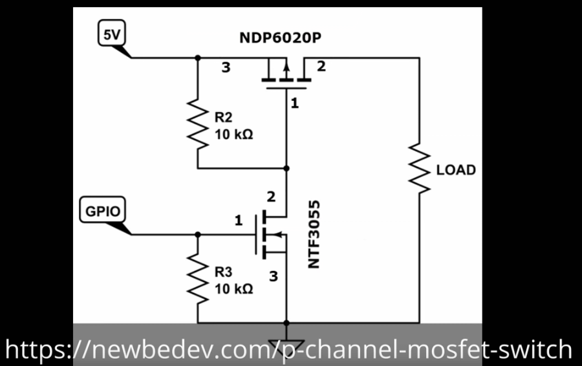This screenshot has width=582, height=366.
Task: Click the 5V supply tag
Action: click(112, 35)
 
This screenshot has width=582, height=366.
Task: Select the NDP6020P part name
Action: click(280, 38)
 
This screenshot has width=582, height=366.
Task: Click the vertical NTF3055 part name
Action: click(315, 234)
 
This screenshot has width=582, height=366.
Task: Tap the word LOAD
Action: click(456, 170)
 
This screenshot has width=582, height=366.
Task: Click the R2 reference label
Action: click(224, 118)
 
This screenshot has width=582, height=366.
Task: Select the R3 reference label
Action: click(224, 272)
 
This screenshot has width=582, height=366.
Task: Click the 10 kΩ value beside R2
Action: click(233, 135)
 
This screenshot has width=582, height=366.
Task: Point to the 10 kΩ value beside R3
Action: click(233, 288)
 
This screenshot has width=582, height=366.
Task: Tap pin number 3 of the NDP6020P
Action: click(226, 67)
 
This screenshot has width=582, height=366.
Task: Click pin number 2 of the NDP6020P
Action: click(321, 66)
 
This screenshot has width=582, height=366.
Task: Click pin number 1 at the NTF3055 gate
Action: click(238, 221)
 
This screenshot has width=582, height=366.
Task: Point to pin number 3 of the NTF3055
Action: click(273, 276)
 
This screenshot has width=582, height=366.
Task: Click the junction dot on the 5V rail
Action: click(198, 58)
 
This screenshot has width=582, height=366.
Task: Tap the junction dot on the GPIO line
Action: click(198, 235)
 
